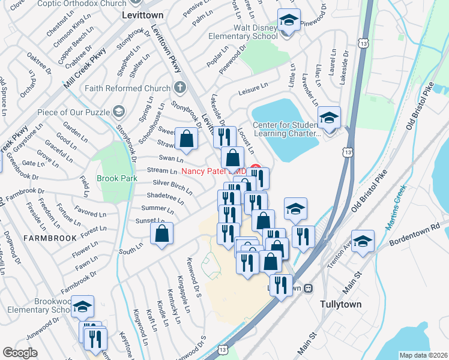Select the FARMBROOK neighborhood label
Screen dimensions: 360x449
(50, 238)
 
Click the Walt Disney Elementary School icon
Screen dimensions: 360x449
(288, 21)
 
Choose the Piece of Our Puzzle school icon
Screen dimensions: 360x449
(119, 112)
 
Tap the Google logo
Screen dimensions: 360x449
(20, 353)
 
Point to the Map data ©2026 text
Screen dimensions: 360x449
(423, 355)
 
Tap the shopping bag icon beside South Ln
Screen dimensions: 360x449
(162, 234)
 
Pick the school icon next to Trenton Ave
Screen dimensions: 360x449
(363, 241)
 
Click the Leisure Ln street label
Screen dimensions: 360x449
(253, 89)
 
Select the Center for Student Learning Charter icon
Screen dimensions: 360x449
(329, 118)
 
